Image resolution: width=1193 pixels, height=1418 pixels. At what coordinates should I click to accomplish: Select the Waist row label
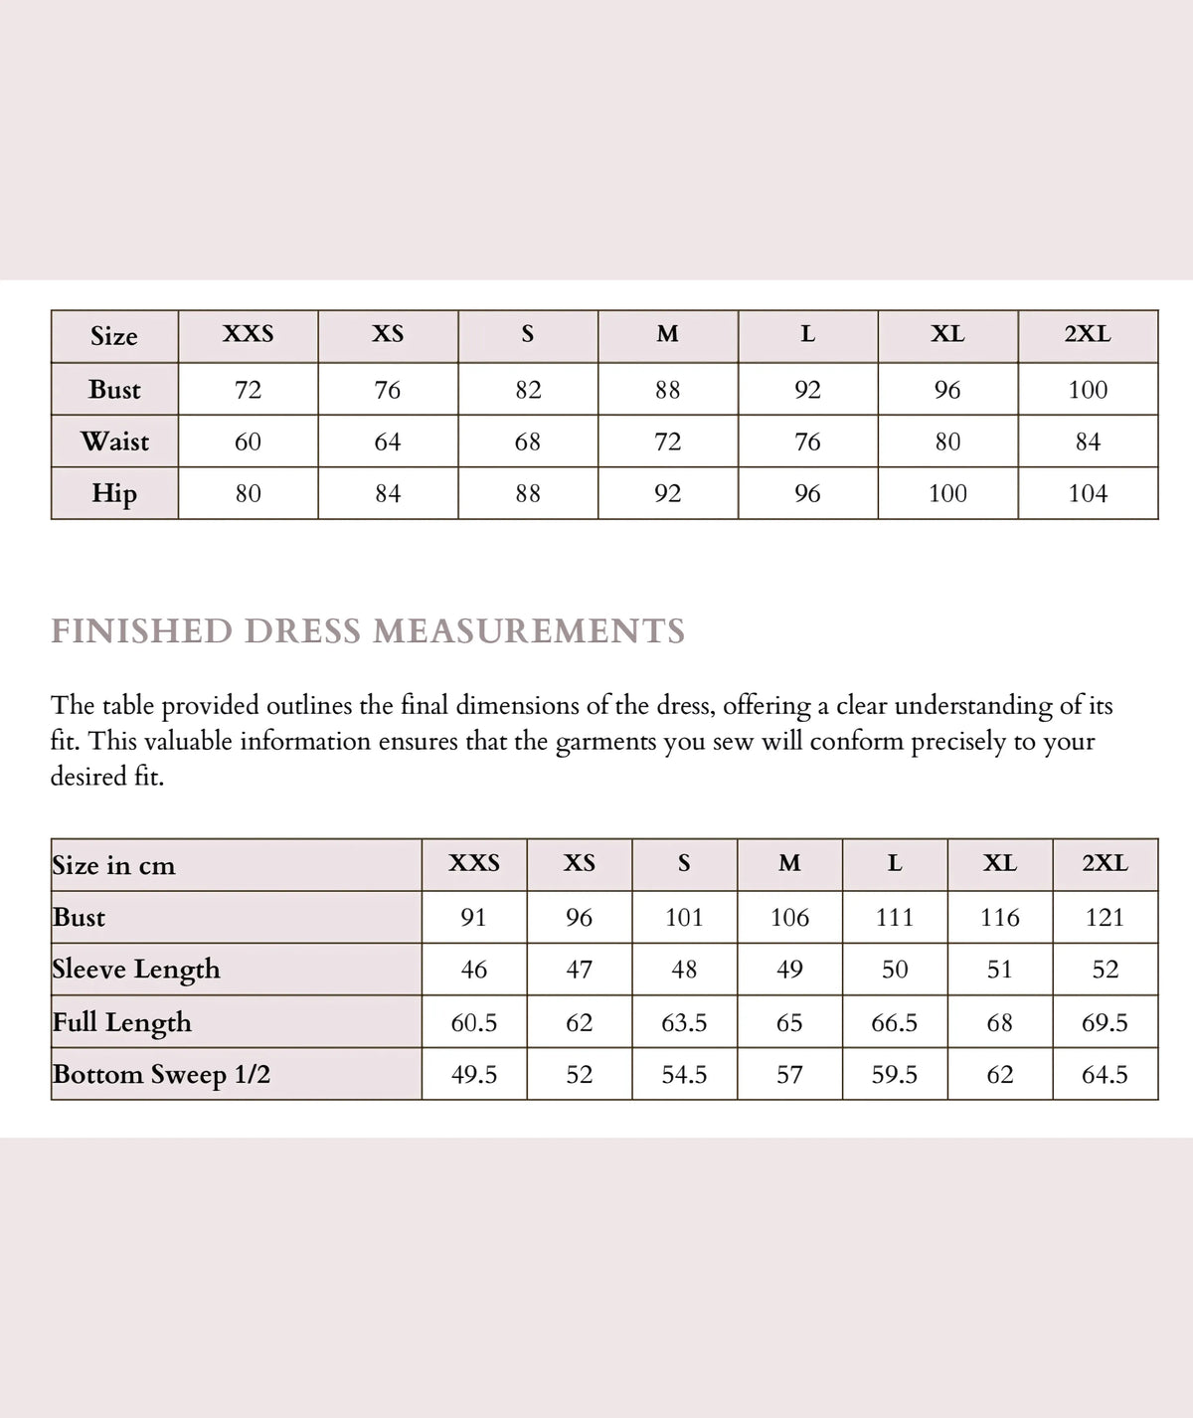point(115,442)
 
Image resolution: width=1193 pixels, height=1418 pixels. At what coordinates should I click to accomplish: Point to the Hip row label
point(114,493)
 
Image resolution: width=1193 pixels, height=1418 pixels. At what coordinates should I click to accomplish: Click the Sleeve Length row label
point(136,970)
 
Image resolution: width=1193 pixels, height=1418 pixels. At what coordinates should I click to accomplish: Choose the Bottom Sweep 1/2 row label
point(161,1075)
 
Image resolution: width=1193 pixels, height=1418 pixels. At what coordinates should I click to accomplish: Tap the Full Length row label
point(122,1022)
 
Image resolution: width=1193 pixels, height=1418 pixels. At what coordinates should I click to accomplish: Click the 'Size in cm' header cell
point(113,865)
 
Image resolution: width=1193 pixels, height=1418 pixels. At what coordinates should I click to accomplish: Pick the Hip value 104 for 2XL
point(1088,493)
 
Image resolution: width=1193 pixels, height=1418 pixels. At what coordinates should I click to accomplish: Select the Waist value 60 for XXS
point(248,442)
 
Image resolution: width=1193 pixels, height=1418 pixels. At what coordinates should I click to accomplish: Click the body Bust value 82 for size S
point(528,390)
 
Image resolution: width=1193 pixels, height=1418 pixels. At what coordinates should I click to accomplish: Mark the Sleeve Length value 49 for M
point(789,970)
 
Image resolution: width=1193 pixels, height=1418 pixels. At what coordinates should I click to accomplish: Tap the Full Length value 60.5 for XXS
point(474,1022)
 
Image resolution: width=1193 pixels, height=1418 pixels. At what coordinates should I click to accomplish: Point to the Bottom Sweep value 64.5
point(1105,1075)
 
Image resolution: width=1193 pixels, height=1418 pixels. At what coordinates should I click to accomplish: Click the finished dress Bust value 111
point(895,917)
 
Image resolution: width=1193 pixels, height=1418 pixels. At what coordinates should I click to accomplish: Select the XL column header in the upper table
point(947,335)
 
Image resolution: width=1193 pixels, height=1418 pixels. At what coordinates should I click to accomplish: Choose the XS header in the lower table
point(580,863)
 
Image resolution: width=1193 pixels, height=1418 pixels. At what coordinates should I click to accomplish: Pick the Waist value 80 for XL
point(947,442)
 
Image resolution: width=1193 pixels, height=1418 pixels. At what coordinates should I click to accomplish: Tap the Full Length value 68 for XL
point(999,1022)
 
